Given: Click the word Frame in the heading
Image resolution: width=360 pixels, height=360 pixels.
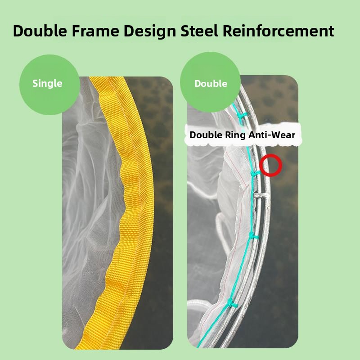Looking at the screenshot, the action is point(95,31).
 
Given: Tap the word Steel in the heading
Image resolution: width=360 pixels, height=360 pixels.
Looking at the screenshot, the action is point(199,31).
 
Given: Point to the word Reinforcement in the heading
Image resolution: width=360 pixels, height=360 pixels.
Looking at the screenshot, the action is point(278,31).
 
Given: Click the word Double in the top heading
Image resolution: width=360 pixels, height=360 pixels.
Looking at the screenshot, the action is point(40,31).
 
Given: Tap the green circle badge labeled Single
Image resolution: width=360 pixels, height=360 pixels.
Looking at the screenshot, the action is point(49,85).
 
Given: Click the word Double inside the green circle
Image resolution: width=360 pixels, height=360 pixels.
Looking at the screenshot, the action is point(211,84).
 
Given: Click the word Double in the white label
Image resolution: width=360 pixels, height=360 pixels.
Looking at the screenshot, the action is point(206,135).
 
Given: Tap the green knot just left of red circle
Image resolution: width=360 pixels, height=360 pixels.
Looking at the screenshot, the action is point(254,173).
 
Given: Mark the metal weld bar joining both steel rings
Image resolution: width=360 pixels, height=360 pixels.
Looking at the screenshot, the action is point(261,195).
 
